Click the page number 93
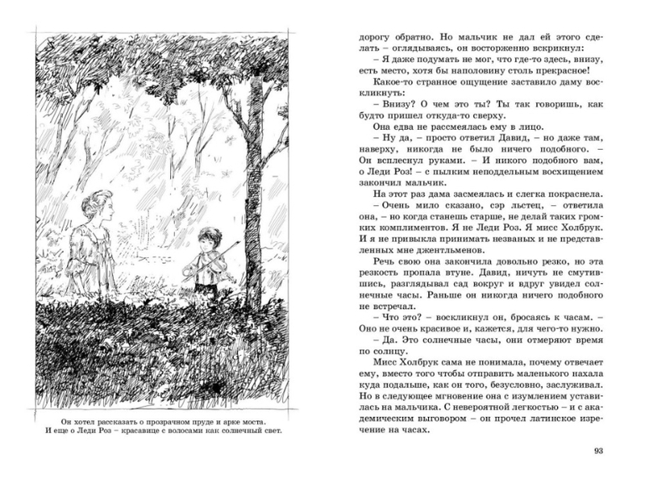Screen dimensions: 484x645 [597, 451]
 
